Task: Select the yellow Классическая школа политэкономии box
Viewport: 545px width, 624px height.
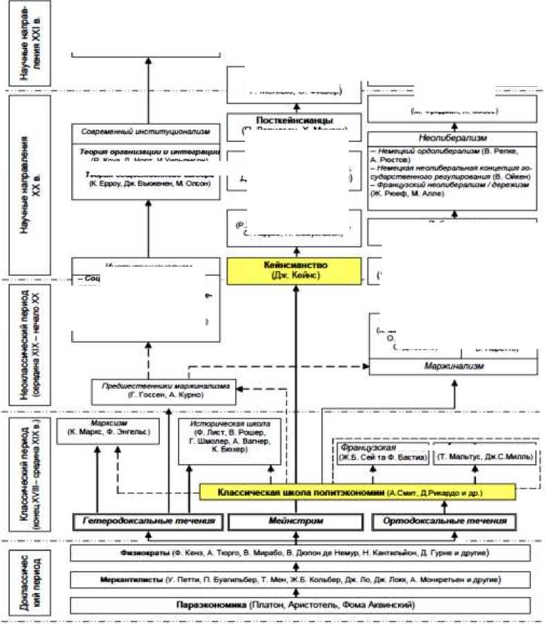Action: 357,492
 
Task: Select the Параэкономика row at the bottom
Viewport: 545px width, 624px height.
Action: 295,605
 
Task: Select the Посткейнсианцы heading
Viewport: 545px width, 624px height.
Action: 295,121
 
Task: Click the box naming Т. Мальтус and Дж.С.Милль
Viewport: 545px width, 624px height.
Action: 475,457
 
